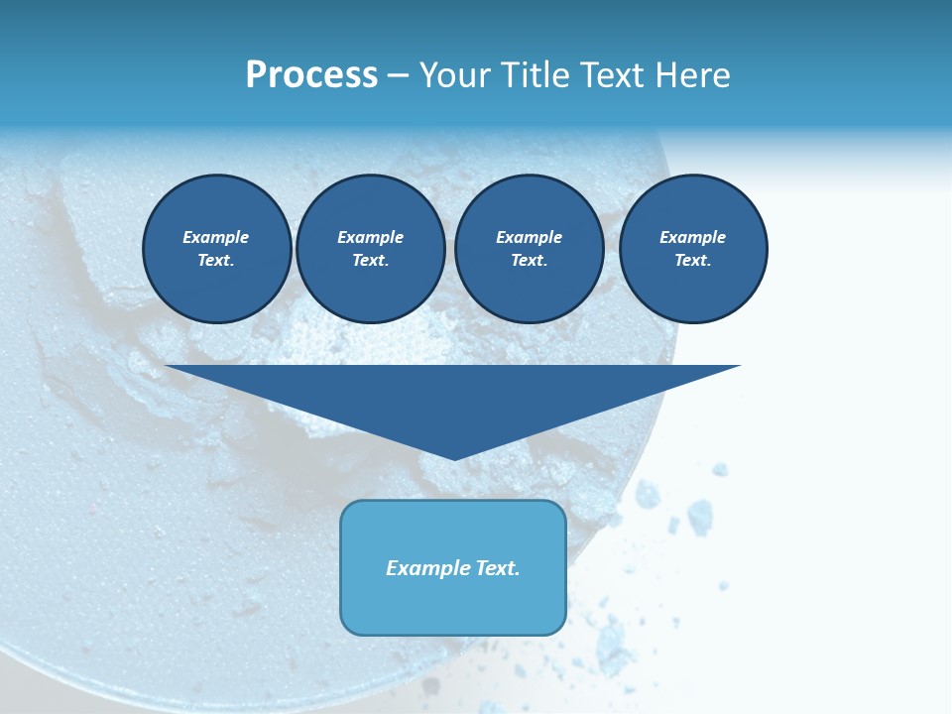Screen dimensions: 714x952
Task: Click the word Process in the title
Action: click(x=311, y=75)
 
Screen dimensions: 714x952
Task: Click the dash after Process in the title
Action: click(x=398, y=76)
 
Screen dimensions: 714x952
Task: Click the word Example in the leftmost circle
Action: click(x=216, y=237)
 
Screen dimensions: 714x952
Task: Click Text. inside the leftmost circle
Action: click(x=216, y=261)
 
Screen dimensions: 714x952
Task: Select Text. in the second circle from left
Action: click(x=371, y=261)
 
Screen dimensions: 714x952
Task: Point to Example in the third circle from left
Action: click(x=530, y=237)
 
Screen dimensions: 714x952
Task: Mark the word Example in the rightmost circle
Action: click(x=693, y=237)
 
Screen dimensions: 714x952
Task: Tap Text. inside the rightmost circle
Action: click(x=693, y=261)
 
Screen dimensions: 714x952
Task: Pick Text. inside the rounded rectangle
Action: click(x=496, y=568)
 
